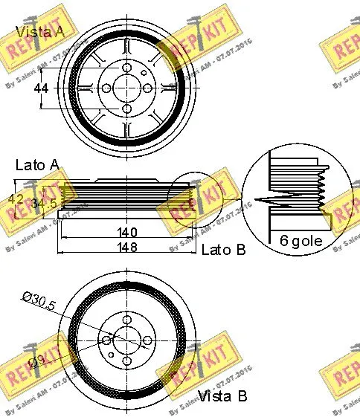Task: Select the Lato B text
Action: pos(223,250)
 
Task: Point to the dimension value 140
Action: pos(129,232)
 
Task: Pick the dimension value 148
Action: pos(129,248)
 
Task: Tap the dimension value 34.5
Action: pos(47,201)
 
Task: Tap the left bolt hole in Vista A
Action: pos(106,88)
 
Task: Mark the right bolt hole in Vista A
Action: pos(148,88)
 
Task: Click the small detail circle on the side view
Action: pos(190,199)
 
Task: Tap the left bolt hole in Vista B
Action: pos(106,341)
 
